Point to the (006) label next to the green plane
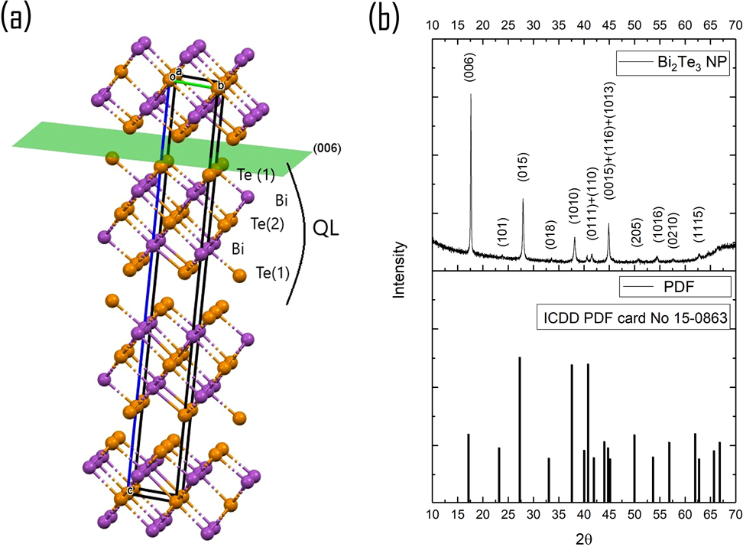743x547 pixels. tap(326, 148)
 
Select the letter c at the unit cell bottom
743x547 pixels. tap(131, 490)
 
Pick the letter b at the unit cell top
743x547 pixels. tap(221, 85)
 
